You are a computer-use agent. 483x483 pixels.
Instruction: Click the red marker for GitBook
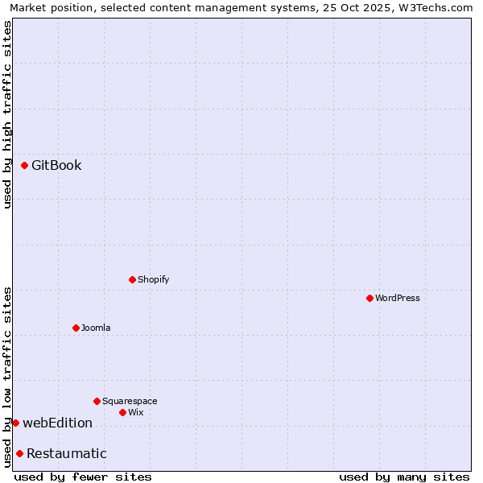click(25, 166)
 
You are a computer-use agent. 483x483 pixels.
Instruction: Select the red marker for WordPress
click(369, 298)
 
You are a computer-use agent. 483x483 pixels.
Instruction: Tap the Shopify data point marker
click(133, 279)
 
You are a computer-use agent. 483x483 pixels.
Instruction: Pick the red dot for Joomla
click(76, 328)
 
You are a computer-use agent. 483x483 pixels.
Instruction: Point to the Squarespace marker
click(97, 401)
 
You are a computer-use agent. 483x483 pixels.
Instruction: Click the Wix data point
click(123, 412)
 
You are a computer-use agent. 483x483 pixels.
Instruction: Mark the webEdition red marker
click(15, 423)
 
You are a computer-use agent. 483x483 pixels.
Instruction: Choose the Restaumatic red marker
click(19, 453)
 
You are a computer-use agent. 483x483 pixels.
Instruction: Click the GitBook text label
click(56, 166)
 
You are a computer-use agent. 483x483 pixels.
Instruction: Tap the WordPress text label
click(398, 298)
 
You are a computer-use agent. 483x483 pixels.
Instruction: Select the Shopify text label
click(153, 279)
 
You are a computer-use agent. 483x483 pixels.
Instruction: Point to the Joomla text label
click(96, 328)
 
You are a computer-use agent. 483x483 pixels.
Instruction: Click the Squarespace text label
click(130, 401)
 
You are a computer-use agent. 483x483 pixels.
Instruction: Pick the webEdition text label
click(57, 423)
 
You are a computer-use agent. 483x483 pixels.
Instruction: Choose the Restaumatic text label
click(66, 453)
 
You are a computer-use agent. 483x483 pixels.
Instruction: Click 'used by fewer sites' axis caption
click(83, 477)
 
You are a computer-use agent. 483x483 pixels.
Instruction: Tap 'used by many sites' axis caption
click(404, 477)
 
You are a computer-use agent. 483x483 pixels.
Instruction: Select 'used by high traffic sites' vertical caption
click(7, 114)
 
